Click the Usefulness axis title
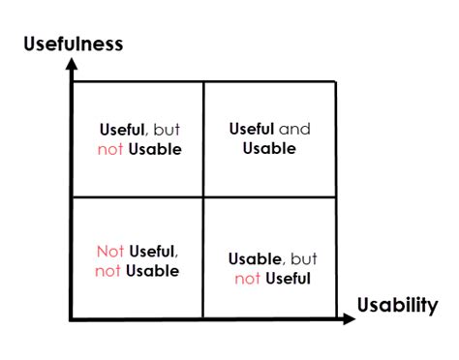(73, 43)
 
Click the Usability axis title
(397, 306)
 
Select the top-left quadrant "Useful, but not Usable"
(138, 138)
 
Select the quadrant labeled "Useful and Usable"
(269, 138)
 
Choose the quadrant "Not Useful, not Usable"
(138, 257)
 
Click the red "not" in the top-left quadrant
(109, 149)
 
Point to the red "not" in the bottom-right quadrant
(247, 279)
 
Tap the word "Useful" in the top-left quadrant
(122, 129)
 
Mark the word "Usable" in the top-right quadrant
(269, 148)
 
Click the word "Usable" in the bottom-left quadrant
(153, 271)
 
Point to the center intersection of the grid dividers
(203, 196)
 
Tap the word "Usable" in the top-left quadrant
(154, 149)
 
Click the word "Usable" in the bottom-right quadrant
(255, 259)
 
